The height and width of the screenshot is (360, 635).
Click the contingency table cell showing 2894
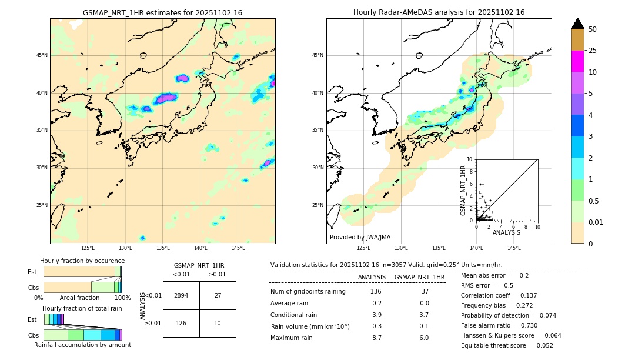tap(181, 295)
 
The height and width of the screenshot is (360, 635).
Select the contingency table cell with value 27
tap(218, 295)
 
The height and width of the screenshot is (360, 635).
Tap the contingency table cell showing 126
tap(181, 323)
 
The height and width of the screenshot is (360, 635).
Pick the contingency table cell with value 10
tap(218, 323)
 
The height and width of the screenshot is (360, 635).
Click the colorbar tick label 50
tap(593, 29)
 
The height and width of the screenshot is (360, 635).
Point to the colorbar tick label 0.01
tap(596, 222)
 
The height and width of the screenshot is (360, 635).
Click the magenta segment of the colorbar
tap(577, 61)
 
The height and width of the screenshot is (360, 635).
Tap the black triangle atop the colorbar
tap(577, 24)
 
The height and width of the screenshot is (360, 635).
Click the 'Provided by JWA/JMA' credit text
tap(360, 238)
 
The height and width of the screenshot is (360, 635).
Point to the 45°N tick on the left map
tap(42, 55)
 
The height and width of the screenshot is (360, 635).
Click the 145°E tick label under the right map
tap(514, 248)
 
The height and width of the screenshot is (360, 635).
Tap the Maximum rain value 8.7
tap(376, 338)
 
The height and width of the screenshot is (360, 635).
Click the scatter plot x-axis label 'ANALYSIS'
tap(506, 232)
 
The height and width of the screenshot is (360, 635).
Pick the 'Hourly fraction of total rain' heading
tap(82, 308)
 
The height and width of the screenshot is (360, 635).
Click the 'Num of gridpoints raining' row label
tap(308, 291)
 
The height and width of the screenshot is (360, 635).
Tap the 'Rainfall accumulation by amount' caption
tap(82, 345)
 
